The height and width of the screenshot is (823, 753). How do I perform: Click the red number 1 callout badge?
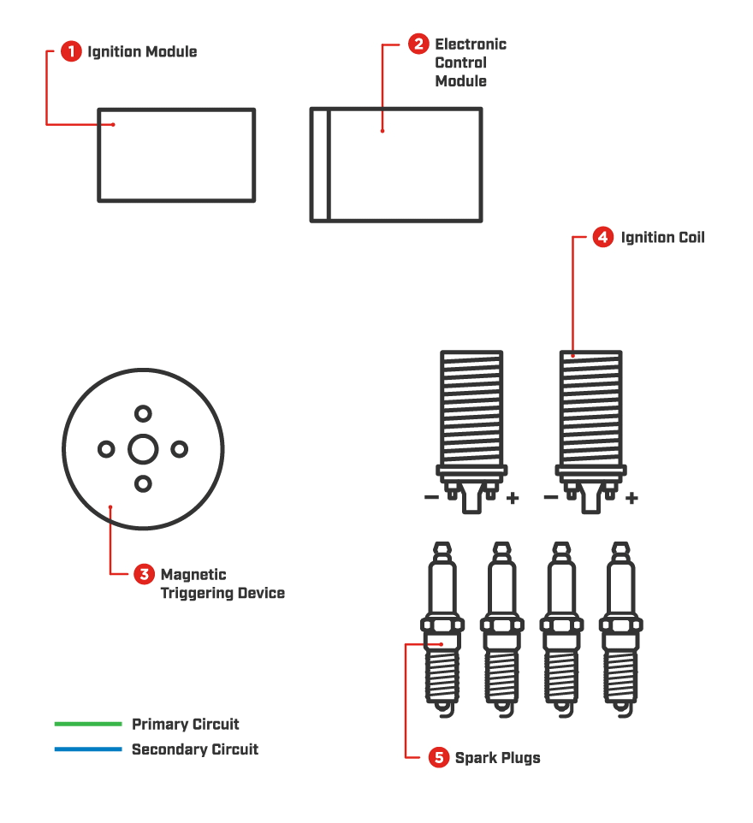[x=72, y=51]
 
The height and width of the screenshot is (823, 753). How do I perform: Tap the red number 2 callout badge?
[x=418, y=44]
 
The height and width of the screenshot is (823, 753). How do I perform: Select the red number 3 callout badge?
[x=145, y=574]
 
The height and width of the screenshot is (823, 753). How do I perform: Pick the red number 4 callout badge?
[x=603, y=238]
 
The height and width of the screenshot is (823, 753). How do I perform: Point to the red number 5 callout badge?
[x=438, y=757]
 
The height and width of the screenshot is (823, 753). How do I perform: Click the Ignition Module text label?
[x=142, y=52]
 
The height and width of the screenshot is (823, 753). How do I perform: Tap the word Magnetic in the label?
[x=193, y=575]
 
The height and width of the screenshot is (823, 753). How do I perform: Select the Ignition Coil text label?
[x=662, y=238]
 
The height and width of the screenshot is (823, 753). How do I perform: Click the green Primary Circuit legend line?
[x=88, y=724]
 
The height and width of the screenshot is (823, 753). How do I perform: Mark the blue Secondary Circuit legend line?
[x=88, y=749]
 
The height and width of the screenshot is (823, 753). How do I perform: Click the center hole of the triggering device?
[x=143, y=449]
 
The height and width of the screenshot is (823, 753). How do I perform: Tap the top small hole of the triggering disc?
[x=143, y=414]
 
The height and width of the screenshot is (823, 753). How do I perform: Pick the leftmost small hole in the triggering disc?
[x=107, y=449]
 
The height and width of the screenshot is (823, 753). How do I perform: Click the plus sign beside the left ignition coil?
[x=513, y=498]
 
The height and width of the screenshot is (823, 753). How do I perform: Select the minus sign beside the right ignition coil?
[x=551, y=497]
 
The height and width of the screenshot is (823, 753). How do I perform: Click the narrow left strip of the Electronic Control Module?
[x=319, y=164]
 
